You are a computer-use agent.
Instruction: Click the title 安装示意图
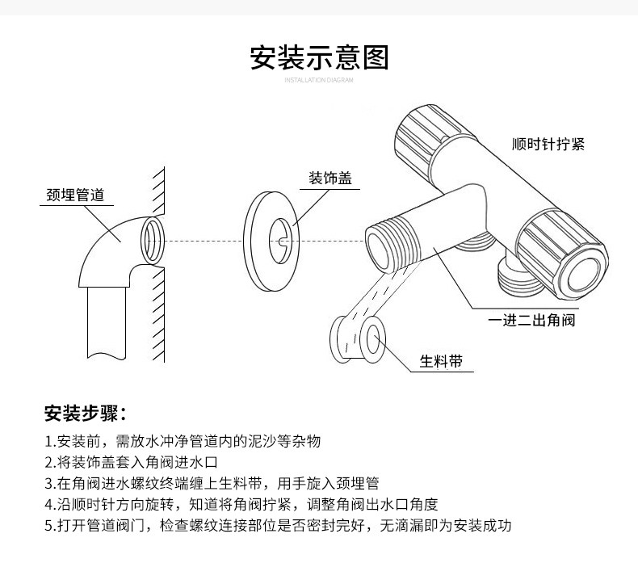tap(319, 58)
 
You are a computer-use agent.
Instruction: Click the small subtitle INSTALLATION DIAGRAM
tap(319, 81)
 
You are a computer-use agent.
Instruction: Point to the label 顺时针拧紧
tap(548, 145)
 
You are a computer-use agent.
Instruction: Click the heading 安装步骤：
tap(85, 414)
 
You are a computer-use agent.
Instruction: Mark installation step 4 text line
tap(241, 505)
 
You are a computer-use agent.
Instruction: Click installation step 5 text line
tap(279, 526)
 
